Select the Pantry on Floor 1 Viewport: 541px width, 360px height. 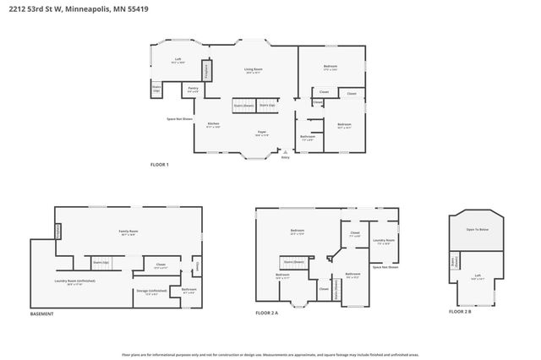193,90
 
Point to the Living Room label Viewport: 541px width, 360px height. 251,72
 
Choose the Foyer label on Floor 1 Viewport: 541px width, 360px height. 263,134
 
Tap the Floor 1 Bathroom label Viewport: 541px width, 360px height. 309,137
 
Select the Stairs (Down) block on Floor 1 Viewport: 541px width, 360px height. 244,107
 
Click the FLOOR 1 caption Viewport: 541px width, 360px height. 160,164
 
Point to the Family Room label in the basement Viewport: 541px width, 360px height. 128,232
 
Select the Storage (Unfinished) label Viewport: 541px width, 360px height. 156,292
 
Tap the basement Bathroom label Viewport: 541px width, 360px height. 189,290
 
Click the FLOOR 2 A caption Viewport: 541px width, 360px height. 267,314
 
